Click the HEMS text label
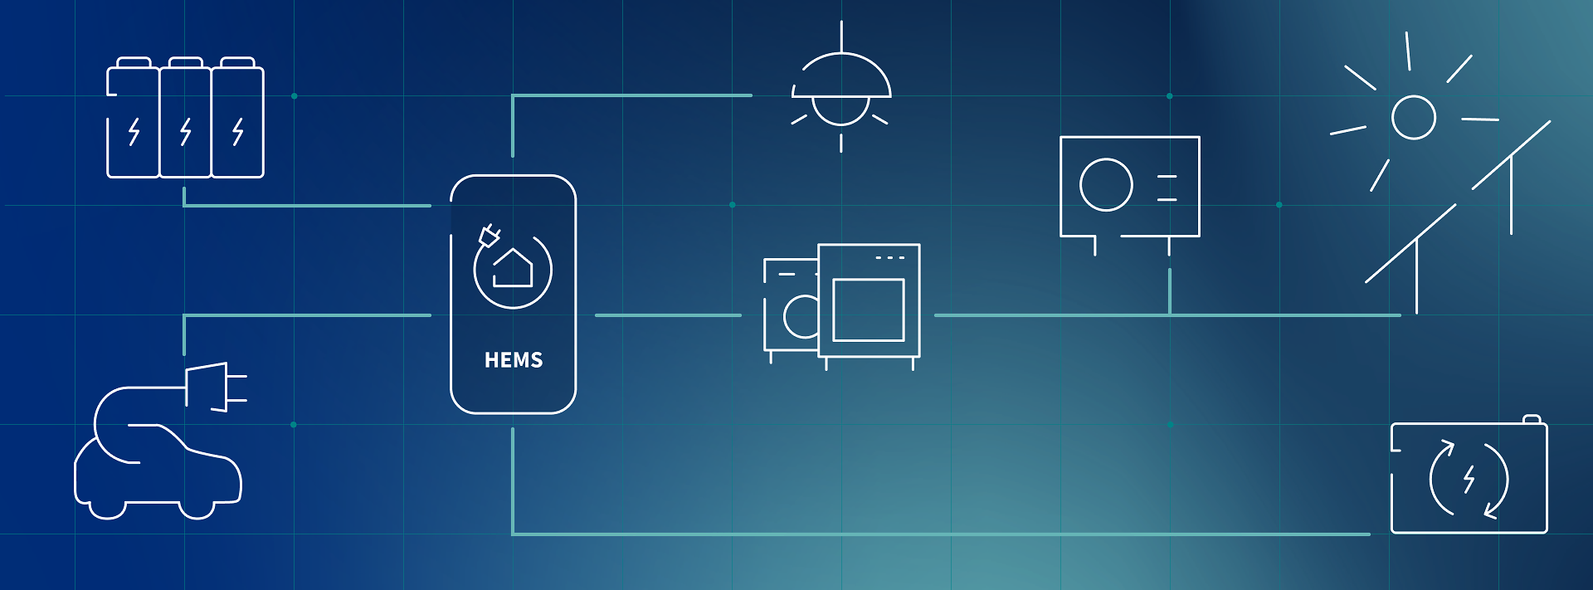pyautogui.click(x=514, y=360)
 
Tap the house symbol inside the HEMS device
pyautogui.click(x=513, y=267)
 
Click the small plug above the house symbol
pyautogui.click(x=489, y=236)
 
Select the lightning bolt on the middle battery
pyautogui.click(x=186, y=131)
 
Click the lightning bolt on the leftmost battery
pyautogui.click(x=134, y=131)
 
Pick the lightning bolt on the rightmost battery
pyautogui.click(x=238, y=131)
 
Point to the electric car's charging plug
pyautogui.click(x=217, y=387)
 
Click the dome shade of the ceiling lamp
pyautogui.click(x=841, y=76)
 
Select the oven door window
pyautogui.click(x=869, y=310)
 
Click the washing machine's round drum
pyautogui.click(x=801, y=316)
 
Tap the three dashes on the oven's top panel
pyautogui.click(x=889, y=258)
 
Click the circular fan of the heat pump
pyautogui.click(x=1106, y=184)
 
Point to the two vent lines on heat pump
pyautogui.click(x=1167, y=188)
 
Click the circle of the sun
pyautogui.click(x=1414, y=117)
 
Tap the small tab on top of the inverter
pyautogui.click(x=1532, y=419)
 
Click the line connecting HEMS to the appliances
pyautogui.click(x=668, y=315)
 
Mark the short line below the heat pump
pyautogui.click(x=1170, y=291)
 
